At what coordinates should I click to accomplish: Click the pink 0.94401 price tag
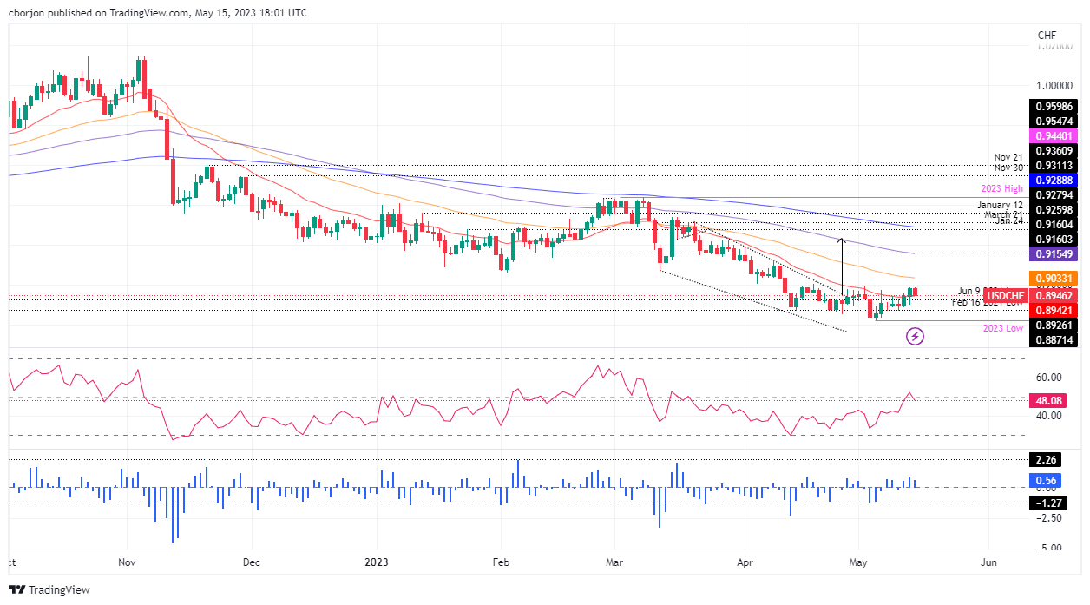[1054, 136]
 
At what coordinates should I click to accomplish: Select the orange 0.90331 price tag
[1054, 278]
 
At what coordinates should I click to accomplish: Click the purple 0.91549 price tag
[1054, 254]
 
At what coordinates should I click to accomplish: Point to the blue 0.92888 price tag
[1054, 179]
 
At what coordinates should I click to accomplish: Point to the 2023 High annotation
[1002, 189]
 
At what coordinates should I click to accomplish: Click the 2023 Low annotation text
[1002, 329]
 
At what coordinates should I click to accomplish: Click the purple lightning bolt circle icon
[914, 335]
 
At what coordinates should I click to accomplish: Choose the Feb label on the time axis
[501, 562]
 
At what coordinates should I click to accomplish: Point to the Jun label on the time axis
[988, 562]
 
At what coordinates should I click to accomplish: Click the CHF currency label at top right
[1047, 35]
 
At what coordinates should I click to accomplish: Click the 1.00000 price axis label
[1053, 86]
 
